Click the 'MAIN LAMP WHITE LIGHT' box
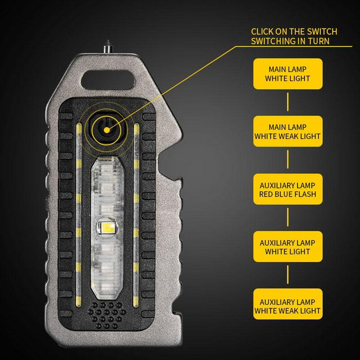(x=287, y=74)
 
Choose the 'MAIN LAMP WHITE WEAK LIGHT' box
(x=287, y=131)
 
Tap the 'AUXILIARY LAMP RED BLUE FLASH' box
(x=287, y=189)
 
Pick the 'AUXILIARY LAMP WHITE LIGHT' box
(x=287, y=247)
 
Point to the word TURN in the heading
(x=318, y=41)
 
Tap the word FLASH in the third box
(x=304, y=194)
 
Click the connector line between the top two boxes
(x=287, y=103)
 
